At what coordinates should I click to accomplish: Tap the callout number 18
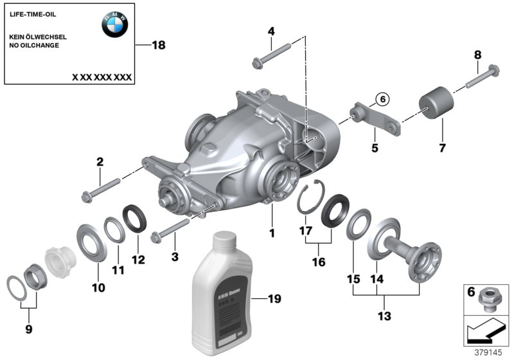pyautogui.click(x=158, y=45)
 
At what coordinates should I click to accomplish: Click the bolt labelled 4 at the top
pyautogui.click(x=270, y=54)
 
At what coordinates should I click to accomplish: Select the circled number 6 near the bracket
pyautogui.click(x=380, y=99)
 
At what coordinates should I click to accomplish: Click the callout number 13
pyautogui.click(x=384, y=316)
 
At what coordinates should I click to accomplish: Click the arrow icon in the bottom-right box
pyautogui.click(x=485, y=333)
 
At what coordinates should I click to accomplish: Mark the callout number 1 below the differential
pyautogui.click(x=272, y=233)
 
